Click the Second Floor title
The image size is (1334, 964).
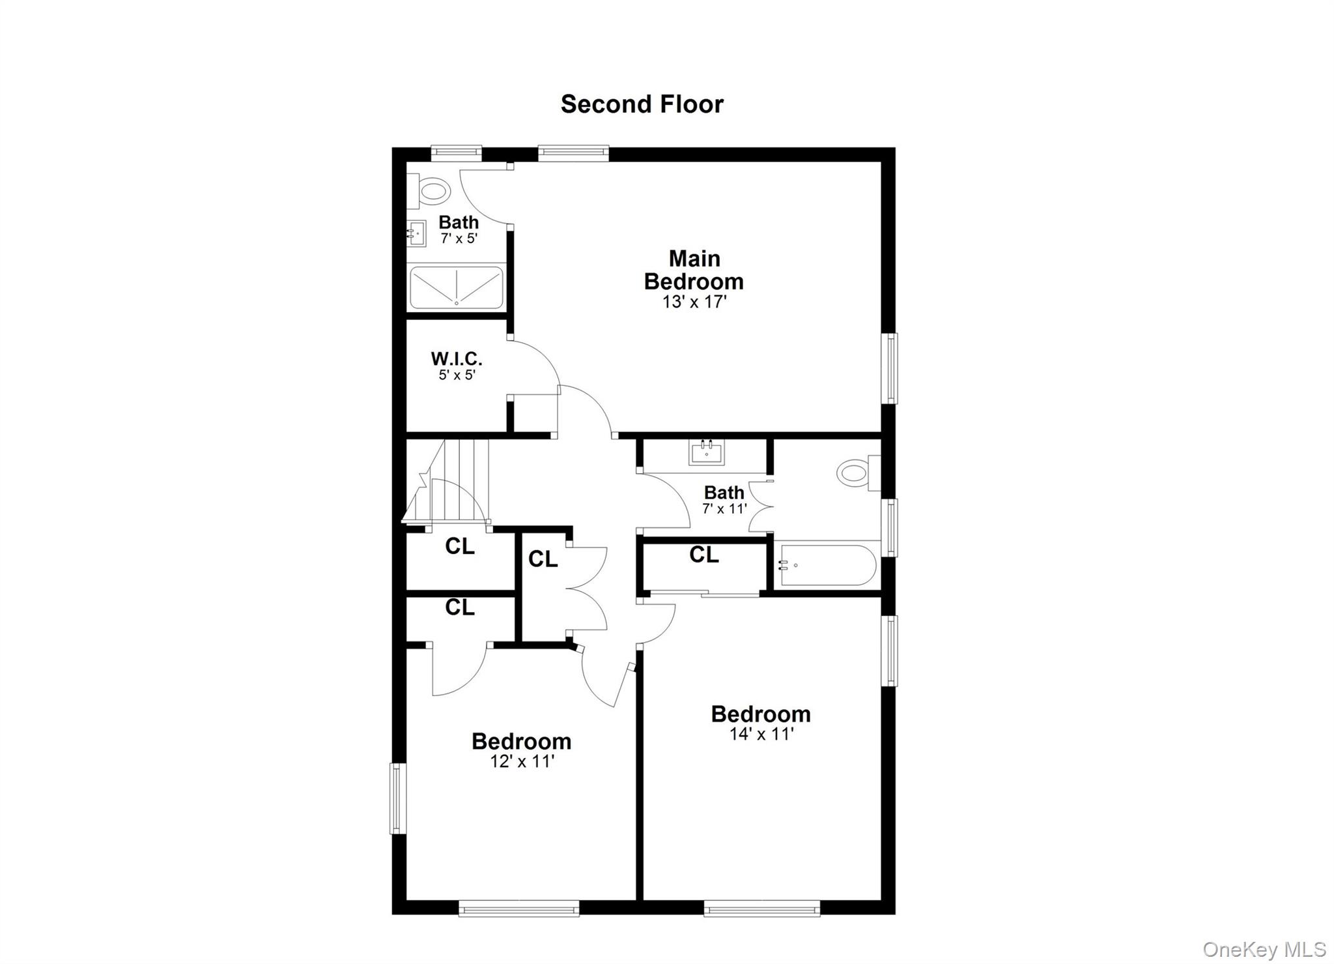click(642, 104)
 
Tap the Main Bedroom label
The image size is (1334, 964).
click(694, 270)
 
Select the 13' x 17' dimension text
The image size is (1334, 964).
click(694, 302)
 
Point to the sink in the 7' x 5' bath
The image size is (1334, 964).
click(417, 233)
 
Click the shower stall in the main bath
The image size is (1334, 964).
click(456, 287)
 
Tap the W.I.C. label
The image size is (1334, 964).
click(456, 358)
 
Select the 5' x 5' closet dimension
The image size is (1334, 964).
click(457, 375)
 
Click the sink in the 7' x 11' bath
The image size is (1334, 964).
click(706, 452)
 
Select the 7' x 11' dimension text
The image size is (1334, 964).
click(724, 508)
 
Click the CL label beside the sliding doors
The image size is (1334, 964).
click(703, 555)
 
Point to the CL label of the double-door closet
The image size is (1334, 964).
click(543, 559)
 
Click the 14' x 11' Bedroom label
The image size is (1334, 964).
click(760, 714)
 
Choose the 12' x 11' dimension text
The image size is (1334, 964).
click(522, 761)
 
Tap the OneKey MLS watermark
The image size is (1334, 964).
click(1264, 949)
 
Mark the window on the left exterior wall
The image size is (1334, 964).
click(397, 798)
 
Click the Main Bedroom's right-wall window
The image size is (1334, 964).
click(889, 368)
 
